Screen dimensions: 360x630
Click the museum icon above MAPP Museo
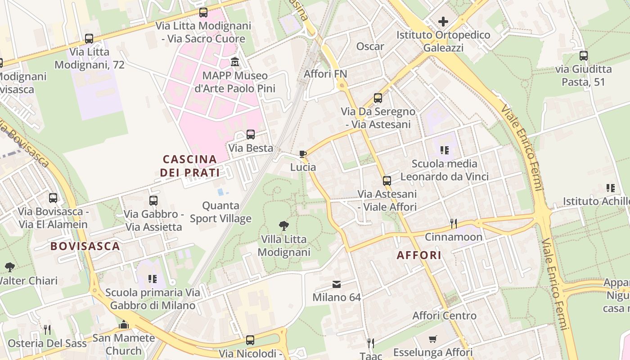click(234, 61)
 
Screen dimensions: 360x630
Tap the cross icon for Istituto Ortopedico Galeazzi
click(443, 21)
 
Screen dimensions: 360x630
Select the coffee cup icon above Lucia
click(303, 154)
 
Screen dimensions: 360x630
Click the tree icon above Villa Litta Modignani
click(283, 225)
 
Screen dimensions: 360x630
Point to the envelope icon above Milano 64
click(337, 284)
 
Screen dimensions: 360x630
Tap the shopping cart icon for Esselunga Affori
click(433, 339)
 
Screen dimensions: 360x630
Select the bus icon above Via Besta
click(251, 135)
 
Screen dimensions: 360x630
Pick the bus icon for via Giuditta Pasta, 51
click(584, 56)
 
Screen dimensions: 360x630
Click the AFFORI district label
click(419, 255)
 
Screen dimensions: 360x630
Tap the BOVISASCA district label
click(85, 246)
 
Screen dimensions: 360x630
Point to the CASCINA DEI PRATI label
click(190, 166)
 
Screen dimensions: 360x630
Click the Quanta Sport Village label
click(220, 212)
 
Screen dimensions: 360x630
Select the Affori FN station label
click(325, 73)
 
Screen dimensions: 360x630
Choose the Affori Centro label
click(445, 315)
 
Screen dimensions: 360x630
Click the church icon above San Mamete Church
click(124, 324)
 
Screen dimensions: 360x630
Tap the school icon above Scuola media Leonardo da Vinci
click(445, 150)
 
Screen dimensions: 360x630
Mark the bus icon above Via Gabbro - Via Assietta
click(153, 201)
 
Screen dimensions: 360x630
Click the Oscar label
click(370, 46)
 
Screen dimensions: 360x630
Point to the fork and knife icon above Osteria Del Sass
click(47, 330)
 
